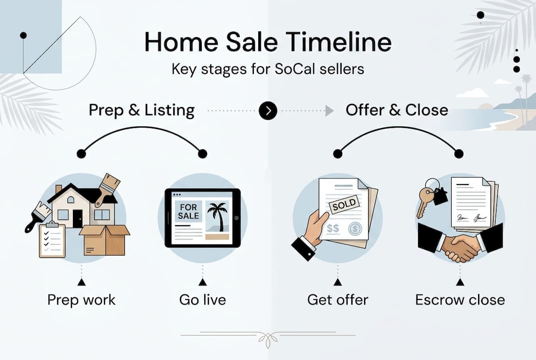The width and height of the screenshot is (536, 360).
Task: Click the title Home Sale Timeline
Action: tap(268, 42)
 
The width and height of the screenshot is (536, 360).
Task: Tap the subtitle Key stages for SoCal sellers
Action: tap(268, 68)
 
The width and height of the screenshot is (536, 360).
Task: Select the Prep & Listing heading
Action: tap(141, 110)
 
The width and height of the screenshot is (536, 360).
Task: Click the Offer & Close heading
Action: tap(397, 110)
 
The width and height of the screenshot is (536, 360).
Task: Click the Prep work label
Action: tap(81, 300)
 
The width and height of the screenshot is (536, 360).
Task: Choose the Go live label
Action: tap(202, 300)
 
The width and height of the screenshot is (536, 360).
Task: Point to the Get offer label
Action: tap(338, 300)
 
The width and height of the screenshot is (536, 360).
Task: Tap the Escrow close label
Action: tap(460, 300)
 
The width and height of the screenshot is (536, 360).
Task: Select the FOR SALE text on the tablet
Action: tap(189, 211)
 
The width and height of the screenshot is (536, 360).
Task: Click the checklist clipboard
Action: tap(52, 239)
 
